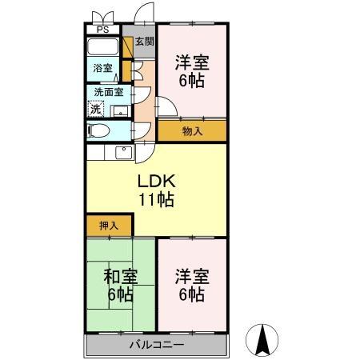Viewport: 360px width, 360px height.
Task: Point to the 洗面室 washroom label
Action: coord(104,92)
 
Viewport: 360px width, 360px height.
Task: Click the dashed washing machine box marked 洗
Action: coord(96,108)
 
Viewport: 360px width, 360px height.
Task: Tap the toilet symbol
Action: coord(98,130)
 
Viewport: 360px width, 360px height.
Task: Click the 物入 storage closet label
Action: coord(191,130)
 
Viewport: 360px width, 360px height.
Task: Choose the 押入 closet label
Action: coord(108,226)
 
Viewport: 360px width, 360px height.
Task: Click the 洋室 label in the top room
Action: coord(192,61)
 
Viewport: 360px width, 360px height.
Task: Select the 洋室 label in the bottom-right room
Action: coord(192,277)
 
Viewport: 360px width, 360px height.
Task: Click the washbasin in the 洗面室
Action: coord(121,112)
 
